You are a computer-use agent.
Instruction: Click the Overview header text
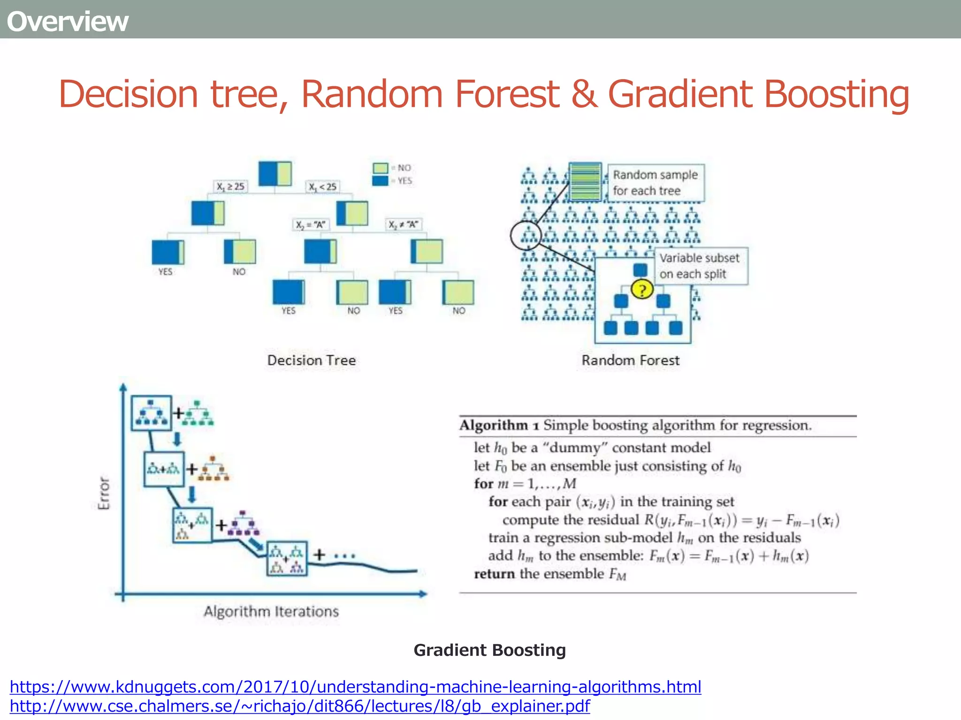coord(68,22)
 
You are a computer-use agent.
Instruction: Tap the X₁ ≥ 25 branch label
coord(230,186)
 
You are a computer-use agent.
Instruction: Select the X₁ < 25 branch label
coord(322,187)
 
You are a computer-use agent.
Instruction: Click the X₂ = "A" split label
coord(310,225)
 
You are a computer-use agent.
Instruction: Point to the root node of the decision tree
coord(275,173)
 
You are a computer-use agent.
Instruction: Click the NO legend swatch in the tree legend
coord(380,168)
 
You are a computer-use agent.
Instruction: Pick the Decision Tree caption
coord(312,360)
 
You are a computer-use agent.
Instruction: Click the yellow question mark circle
coord(642,289)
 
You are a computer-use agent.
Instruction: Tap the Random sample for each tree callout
coord(656,182)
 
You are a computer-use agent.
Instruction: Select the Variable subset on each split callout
coord(700,266)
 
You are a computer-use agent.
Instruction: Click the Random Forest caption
coord(630,360)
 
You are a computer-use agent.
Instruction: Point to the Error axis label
coord(104,493)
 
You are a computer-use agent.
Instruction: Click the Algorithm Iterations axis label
coord(271,611)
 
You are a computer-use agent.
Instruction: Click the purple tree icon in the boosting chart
coord(243,524)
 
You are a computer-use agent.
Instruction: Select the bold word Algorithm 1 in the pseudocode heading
coord(499,425)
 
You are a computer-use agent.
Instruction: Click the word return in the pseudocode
coord(494,574)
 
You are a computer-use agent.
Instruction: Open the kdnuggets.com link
coord(355,687)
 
